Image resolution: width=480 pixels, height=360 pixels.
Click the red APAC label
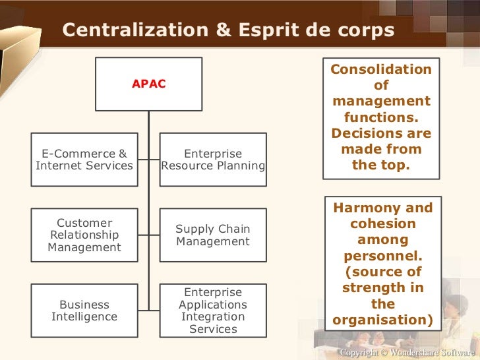coord(148,84)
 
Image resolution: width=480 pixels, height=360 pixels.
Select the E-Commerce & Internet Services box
coord(84,160)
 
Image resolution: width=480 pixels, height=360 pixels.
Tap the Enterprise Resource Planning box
coord(213,160)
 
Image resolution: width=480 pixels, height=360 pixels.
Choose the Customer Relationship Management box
coord(84,235)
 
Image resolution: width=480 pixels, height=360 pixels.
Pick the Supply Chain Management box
coord(213,235)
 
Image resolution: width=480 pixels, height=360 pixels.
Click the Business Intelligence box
coord(84,311)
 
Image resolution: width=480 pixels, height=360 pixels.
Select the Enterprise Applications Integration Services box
coord(213,311)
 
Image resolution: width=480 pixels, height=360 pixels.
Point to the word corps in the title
coord(368,31)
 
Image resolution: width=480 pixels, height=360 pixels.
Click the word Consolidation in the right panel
coord(381,69)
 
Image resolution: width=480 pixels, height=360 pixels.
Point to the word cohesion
coord(382,224)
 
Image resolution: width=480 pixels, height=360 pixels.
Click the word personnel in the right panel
coord(382,256)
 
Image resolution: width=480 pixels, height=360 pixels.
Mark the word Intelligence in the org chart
coord(84,317)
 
